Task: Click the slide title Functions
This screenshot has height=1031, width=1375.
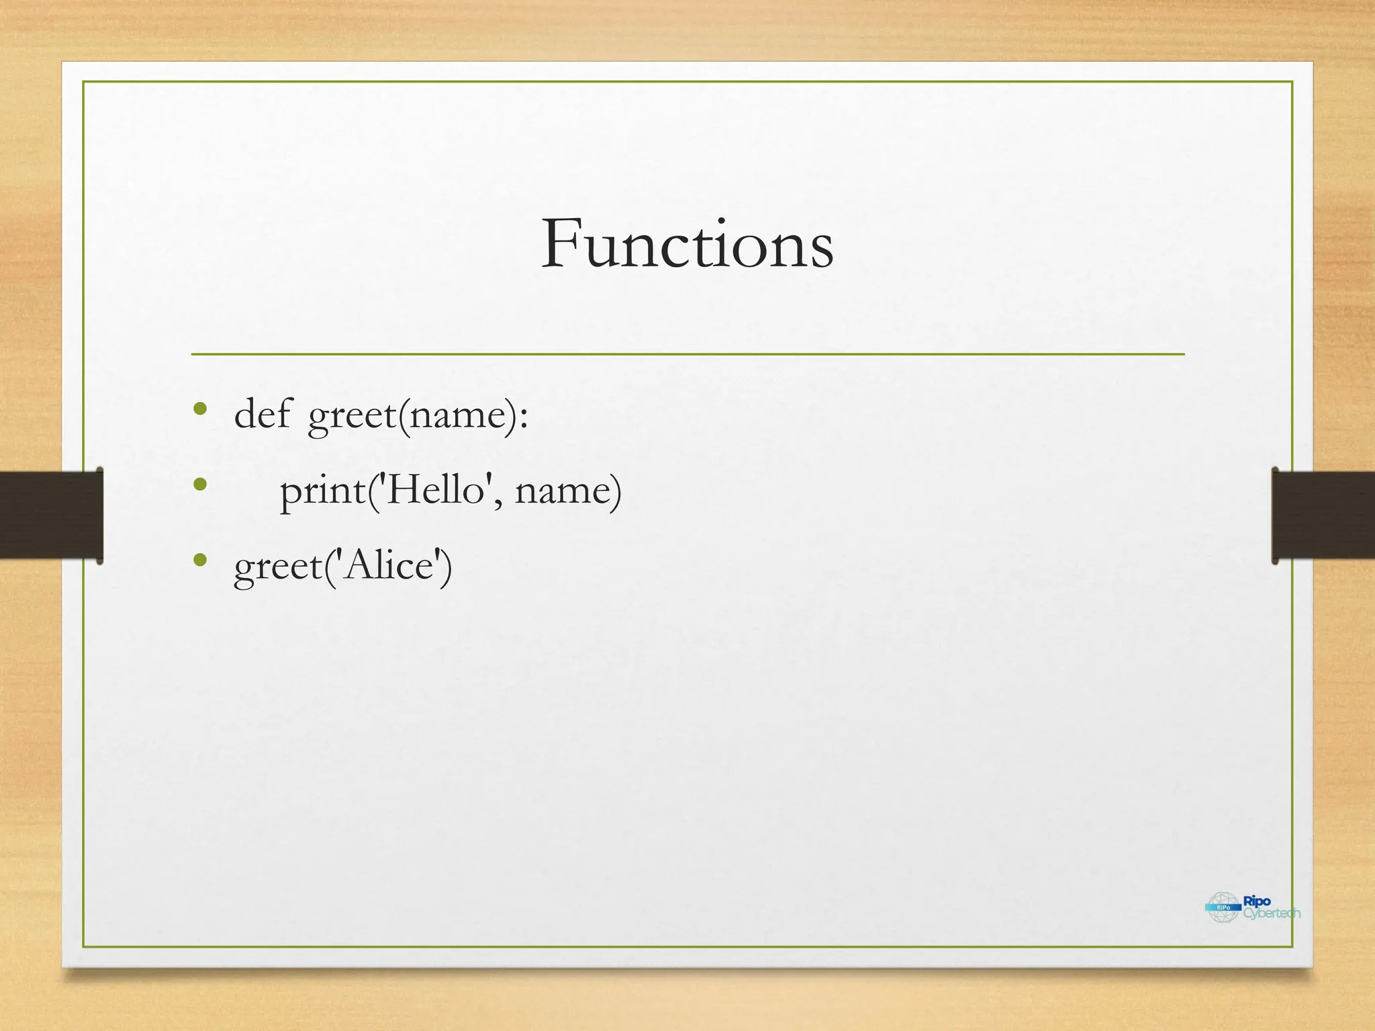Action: click(687, 244)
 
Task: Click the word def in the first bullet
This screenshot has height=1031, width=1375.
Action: click(262, 414)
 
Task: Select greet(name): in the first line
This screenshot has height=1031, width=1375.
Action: click(416, 415)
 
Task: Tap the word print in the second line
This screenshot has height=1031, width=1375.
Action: click(323, 491)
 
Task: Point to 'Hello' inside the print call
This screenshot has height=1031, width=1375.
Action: click(436, 489)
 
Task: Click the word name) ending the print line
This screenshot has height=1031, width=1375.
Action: click(568, 491)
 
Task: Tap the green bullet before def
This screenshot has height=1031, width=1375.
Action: click(199, 408)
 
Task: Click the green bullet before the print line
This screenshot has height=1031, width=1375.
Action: click(199, 484)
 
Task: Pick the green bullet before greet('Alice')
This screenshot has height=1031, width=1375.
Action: click(199, 559)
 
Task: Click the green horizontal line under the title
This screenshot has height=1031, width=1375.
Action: click(687, 354)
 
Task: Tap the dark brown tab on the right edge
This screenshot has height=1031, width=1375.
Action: click(1323, 515)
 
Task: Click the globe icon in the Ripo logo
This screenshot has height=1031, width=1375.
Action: click(1223, 907)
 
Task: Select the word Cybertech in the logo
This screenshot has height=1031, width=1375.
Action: click(1272, 914)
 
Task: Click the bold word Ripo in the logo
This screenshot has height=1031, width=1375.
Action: click(1257, 901)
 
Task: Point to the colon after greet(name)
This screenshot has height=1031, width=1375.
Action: click(524, 417)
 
